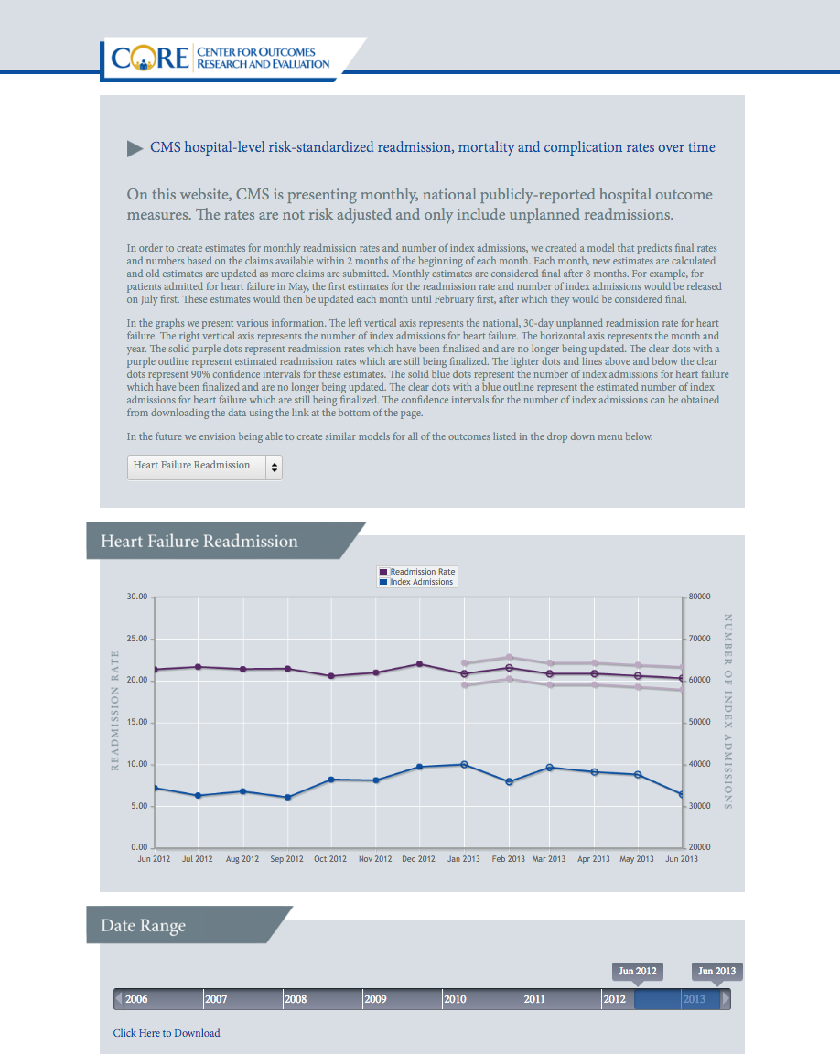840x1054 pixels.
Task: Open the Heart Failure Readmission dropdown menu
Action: coord(205,468)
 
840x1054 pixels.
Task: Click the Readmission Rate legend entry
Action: coord(417,571)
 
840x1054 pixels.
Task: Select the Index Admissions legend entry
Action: coord(416,582)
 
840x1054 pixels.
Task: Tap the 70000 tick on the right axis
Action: coord(700,639)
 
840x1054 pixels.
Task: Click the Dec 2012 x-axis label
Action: coord(419,859)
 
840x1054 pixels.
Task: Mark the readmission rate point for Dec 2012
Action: coord(420,664)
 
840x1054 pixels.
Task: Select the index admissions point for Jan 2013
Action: coord(464,764)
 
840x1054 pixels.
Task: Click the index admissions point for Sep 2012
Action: coord(288,797)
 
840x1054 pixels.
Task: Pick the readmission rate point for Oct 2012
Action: coord(331,675)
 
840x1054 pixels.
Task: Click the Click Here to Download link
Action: coord(167,1033)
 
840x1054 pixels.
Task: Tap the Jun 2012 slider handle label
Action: coord(638,972)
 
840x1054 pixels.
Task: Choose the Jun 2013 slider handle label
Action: coord(717,972)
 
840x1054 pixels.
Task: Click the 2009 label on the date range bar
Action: coord(376,999)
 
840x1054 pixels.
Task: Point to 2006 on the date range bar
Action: coord(136,999)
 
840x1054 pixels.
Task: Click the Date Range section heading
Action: coord(143,926)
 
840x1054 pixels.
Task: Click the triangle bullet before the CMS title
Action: coord(135,148)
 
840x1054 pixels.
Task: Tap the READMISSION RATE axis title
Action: coord(115,711)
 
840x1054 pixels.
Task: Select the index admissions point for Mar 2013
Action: coord(550,767)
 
